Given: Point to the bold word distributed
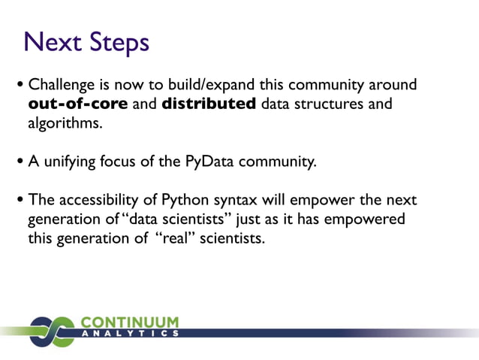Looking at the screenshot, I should [209, 104].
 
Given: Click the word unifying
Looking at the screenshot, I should [69, 161].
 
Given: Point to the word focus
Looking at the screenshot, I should [123, 161].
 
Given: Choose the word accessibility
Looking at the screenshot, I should [100, 200].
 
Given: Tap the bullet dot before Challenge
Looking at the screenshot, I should [21, 85].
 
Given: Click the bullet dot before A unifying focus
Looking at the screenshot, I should [21, 161].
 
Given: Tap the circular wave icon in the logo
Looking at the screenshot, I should [53, 331].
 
